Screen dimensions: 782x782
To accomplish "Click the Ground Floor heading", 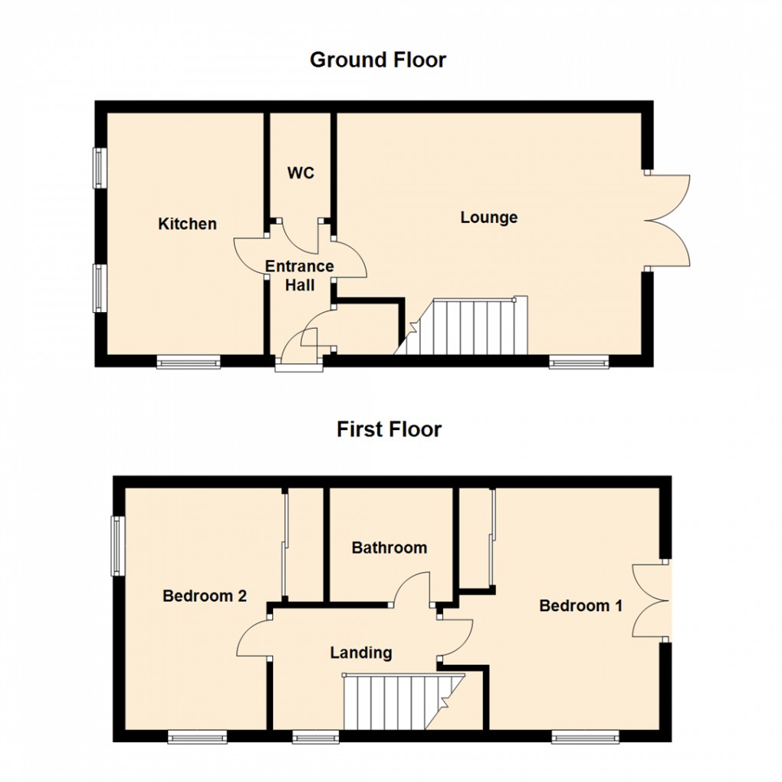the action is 378,60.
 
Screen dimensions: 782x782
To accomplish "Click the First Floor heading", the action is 389,429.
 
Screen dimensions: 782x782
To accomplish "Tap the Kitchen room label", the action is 188,224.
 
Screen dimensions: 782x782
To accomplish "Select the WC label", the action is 301,173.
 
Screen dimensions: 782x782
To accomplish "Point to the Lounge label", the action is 489,218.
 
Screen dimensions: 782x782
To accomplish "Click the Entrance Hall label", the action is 299,276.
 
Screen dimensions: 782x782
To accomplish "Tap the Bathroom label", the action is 389,547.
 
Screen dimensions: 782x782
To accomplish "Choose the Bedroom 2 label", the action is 205,596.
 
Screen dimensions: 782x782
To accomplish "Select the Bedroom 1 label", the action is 581,606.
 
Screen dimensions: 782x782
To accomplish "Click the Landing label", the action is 361,653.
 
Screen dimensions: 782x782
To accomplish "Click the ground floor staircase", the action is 461,326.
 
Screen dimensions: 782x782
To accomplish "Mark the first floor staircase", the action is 403,701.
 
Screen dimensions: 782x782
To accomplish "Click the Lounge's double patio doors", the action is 667,220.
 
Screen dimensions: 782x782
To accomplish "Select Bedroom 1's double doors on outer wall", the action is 651,600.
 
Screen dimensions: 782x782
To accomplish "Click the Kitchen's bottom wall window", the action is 189,362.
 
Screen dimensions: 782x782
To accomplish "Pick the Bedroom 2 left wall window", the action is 118,545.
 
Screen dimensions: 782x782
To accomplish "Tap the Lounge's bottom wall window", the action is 579,362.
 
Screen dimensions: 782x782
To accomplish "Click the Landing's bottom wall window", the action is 316,737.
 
